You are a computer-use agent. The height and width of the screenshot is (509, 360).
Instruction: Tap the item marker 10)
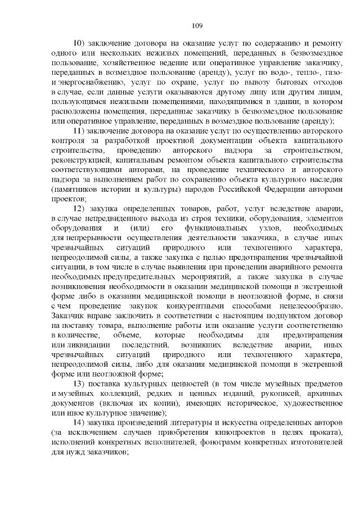[79, 43]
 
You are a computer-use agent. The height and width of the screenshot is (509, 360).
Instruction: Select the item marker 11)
[79, 131]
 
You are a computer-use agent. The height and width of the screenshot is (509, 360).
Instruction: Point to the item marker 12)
[79, 209]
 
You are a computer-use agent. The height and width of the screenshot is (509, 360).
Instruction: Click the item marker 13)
[79, 384]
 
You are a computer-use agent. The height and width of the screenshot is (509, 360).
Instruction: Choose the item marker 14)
[79, 423]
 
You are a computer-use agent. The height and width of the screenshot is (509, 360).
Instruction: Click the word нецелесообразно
[307, 305]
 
